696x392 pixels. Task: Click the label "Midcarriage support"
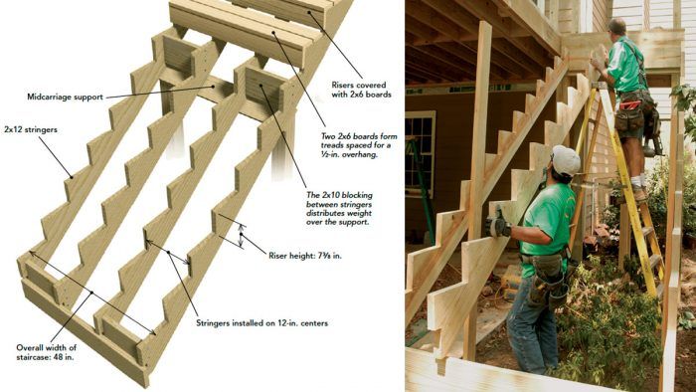(65, 97)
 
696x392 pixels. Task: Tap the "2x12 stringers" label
(31, 130)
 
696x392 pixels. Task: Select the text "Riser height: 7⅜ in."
(305, 256)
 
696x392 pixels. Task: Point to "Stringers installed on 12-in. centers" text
(261, 323)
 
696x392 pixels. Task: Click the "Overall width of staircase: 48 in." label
(46, 352)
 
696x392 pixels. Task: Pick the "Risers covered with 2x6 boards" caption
(361, 90)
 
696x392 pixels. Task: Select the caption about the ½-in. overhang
(359, 145)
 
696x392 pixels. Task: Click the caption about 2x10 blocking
(340, 208)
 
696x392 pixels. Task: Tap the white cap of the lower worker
(566, 160)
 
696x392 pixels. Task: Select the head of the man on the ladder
(617, 28)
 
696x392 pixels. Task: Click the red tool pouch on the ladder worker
(629, 106)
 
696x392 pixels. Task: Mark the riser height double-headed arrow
(241, 235)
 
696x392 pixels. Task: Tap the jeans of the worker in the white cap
(532, 324)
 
